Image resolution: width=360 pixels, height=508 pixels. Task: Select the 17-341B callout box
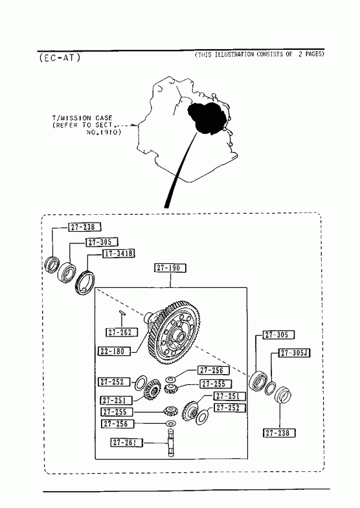tap(118, 254)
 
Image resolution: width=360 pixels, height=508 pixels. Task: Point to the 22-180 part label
tap(114, 351)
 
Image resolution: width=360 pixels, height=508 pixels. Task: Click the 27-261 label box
tap(127, 443)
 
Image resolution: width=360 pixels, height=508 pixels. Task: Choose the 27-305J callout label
tap(295, 353)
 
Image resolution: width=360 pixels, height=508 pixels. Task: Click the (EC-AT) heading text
tap(60, 58)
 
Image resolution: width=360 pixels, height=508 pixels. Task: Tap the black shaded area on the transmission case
tap(207, 117)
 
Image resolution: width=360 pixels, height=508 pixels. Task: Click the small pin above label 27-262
tap(122, 313)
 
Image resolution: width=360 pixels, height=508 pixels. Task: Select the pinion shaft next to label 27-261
tap(171, 443)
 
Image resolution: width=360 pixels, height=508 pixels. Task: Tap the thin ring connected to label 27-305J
tap(270, 388)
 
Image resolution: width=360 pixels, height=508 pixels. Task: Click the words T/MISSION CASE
tap(82, 118)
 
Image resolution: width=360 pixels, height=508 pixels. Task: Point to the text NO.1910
tap(104, 132)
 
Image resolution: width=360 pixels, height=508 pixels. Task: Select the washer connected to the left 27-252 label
tap(141, 383)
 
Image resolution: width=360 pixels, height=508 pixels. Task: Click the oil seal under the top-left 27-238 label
tap(52, 265)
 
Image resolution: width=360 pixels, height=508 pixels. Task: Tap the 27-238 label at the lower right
tap(279, 433)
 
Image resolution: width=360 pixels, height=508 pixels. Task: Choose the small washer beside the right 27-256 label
tap(171, 379)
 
